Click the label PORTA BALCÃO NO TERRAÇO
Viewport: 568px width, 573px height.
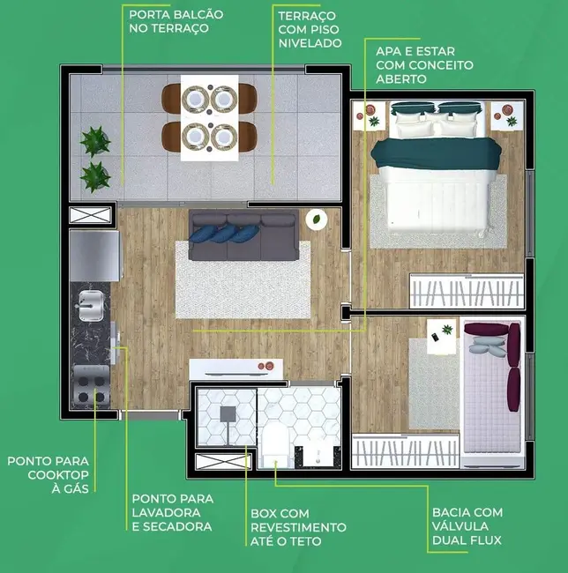click(176, 21)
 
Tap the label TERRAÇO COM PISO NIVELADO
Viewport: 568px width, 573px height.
click(309, 30)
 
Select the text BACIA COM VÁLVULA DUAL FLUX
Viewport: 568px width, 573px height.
click(467, 526)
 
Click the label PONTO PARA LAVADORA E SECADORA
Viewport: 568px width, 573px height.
click(171, 512)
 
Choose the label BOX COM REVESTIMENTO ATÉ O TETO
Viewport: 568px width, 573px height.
click(298, 526)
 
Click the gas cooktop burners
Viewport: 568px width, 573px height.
click(89, 388)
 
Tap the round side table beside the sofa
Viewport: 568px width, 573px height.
click(316, 219)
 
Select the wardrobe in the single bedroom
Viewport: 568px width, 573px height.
click(405, 450)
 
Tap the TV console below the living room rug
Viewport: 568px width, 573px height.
click(236, 368)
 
